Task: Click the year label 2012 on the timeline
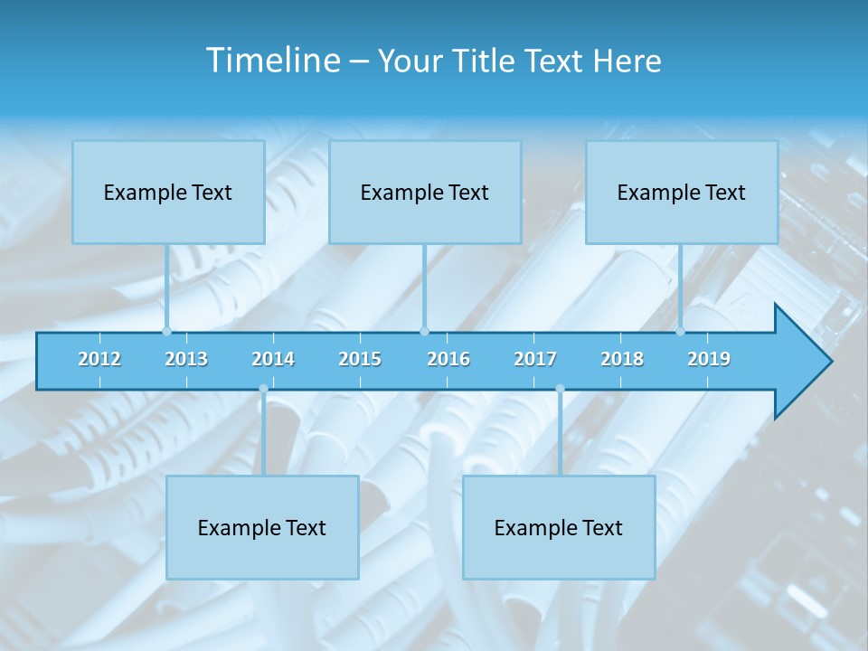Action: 99,359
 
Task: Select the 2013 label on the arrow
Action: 186,359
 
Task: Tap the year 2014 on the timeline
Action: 273,359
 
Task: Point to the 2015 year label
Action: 360,359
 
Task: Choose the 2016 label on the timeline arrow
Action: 448,359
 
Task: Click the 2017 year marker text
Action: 535,359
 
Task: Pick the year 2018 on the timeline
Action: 622,359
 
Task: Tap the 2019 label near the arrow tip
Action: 709,359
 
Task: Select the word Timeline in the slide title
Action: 272,61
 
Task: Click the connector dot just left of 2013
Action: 166,331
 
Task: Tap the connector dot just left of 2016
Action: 424,331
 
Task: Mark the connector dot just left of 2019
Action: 680,331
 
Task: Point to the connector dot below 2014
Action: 263,389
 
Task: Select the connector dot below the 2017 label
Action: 560,389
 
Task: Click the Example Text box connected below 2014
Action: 262,527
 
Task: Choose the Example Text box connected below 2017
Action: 559,527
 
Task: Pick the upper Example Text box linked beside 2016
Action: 425,192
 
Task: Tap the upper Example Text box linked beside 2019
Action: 682,192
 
